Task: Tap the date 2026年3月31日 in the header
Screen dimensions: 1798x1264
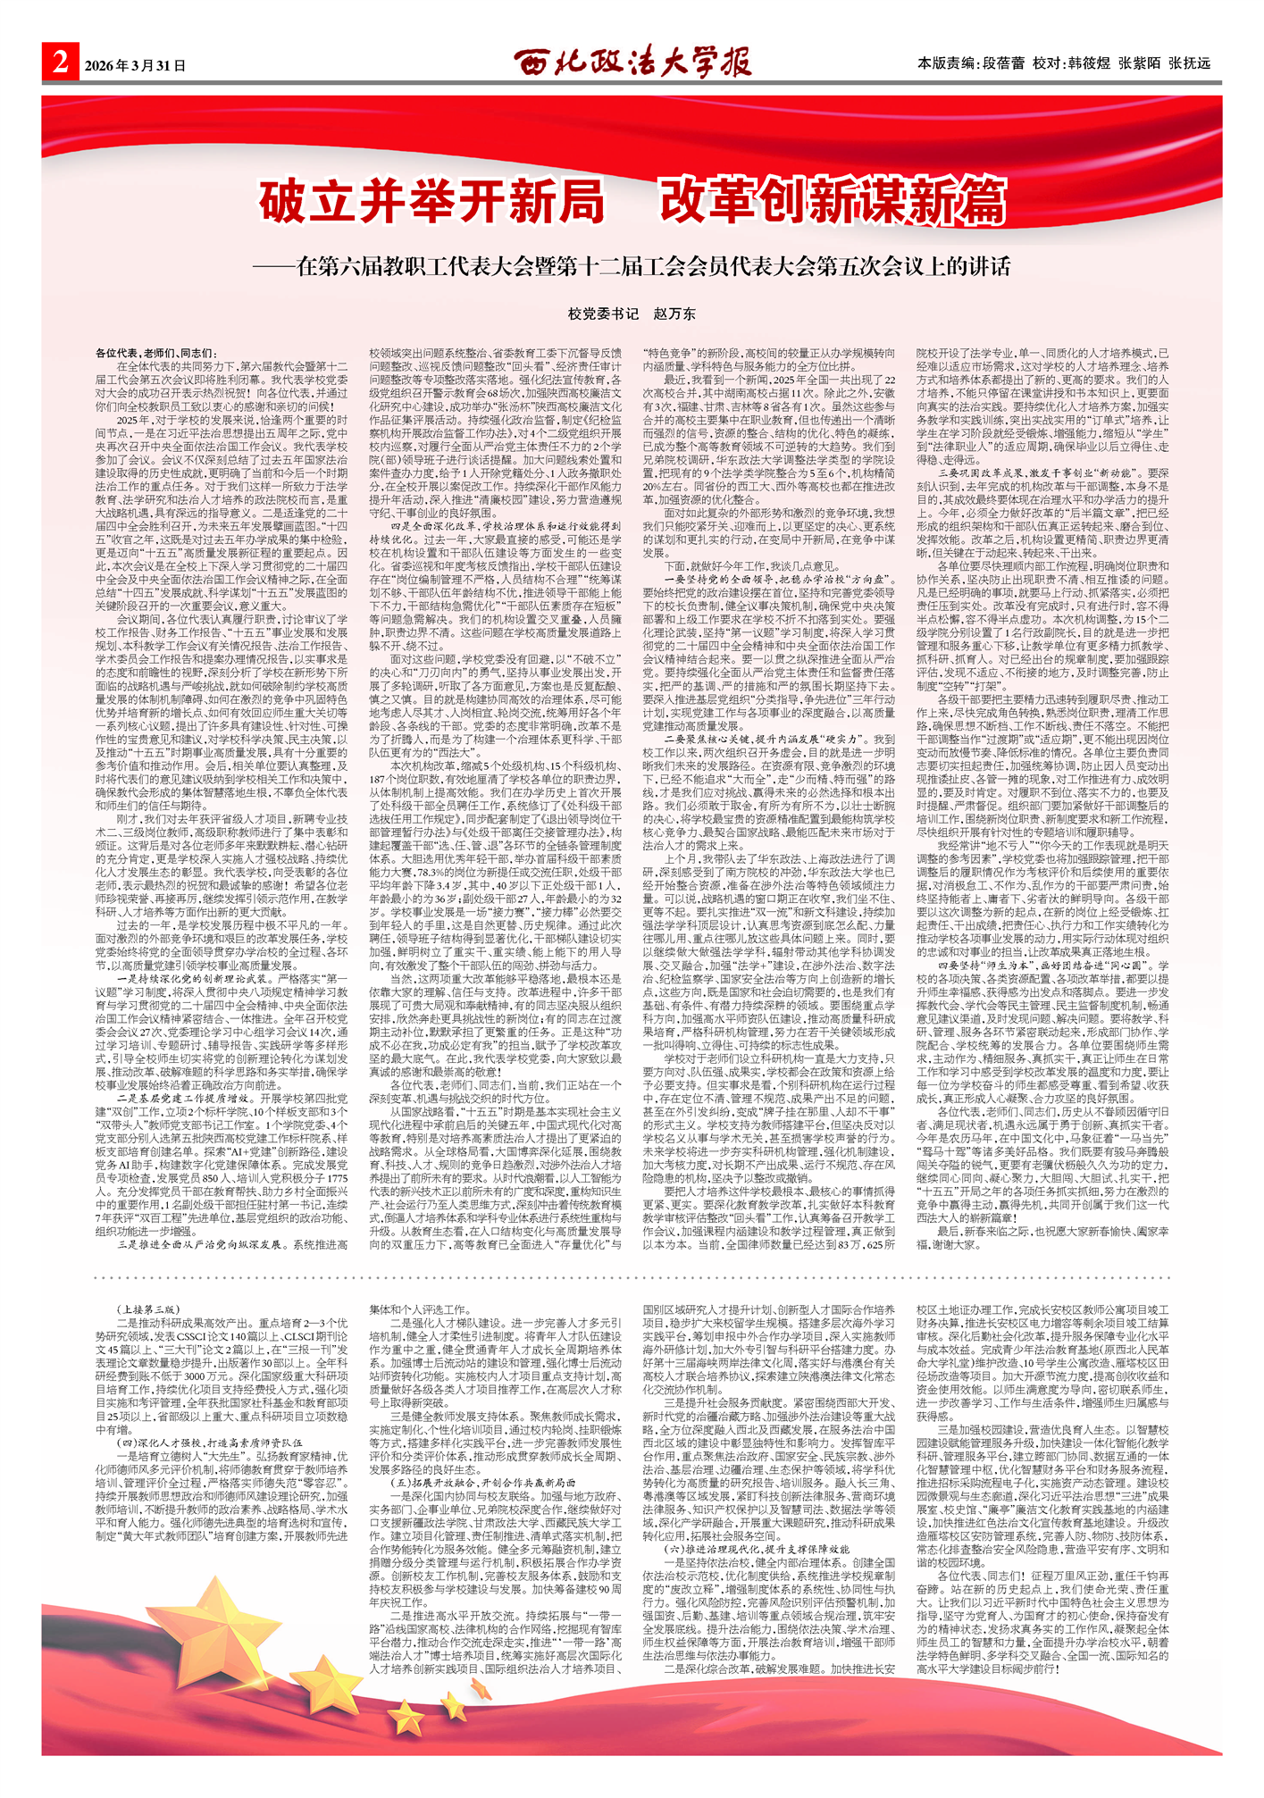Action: (135, 66)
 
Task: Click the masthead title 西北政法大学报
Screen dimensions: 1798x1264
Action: (632, 63)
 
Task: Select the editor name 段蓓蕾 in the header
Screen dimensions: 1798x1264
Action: (1003, 63)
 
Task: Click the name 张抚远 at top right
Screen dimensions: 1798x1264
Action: (1189, 63)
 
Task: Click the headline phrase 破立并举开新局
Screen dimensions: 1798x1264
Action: (432, 202)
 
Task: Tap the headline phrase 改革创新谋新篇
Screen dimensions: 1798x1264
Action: (833, 202)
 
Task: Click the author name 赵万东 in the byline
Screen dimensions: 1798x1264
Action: (674, 314)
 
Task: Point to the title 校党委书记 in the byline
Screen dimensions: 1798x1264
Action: (603, 314)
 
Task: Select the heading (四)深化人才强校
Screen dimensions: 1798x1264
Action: (209, 1442)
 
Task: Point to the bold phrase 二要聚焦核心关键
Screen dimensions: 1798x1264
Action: (768, 740)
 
